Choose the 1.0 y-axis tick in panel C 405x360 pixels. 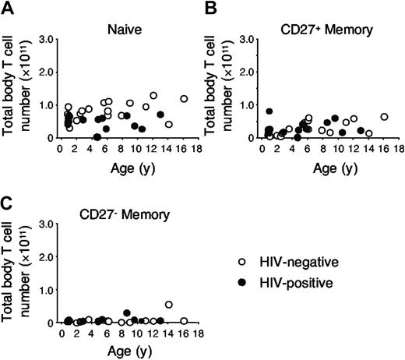coord(49,290)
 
